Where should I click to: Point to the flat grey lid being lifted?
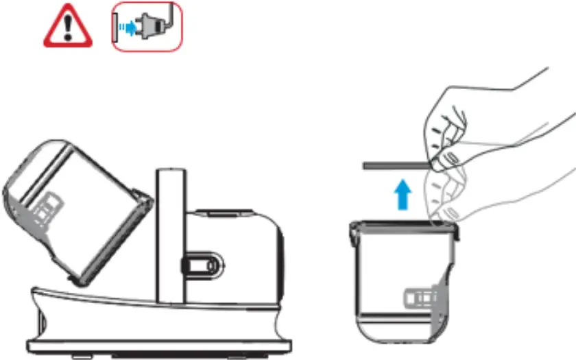click(x=394, y=165)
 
